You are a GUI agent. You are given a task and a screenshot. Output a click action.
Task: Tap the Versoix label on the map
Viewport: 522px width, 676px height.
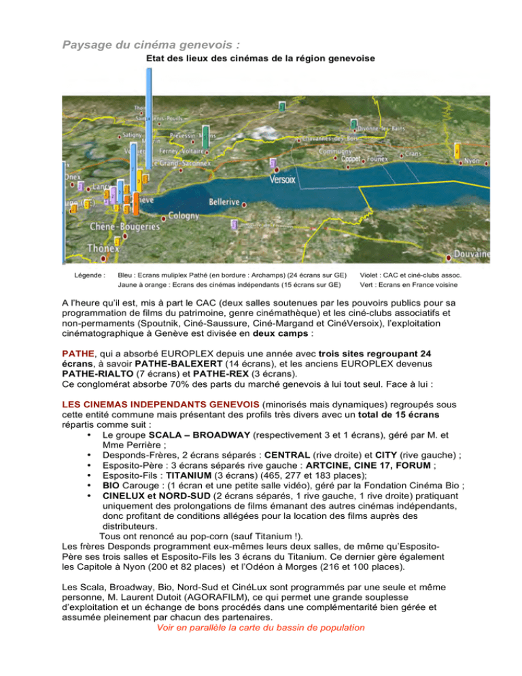[283, 180]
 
